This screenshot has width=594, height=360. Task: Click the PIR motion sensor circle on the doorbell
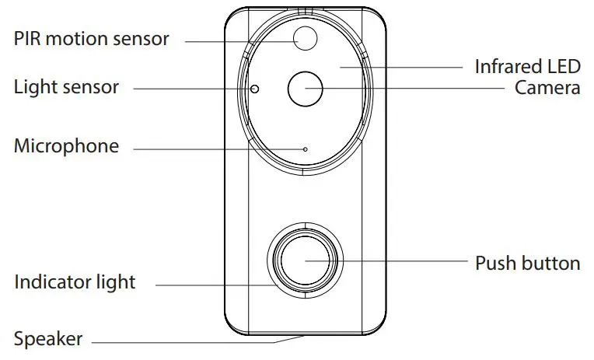click(305, 37)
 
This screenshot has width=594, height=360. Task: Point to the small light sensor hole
click(254, 89)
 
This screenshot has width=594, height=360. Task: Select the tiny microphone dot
click(305, 149)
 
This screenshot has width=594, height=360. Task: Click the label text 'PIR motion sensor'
click(91, 39)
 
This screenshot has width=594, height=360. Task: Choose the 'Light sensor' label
click(66, 87)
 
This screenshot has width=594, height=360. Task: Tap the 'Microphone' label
click(66, 146)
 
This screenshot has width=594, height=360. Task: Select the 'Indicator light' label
click(75, 282)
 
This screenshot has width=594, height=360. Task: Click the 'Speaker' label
click(47, 339)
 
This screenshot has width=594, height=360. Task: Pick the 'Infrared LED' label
click(527, 67)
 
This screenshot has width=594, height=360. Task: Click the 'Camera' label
click(547, 88)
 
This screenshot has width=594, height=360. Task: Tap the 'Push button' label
click(527, 263)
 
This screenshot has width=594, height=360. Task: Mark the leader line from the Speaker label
click(194, 340)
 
